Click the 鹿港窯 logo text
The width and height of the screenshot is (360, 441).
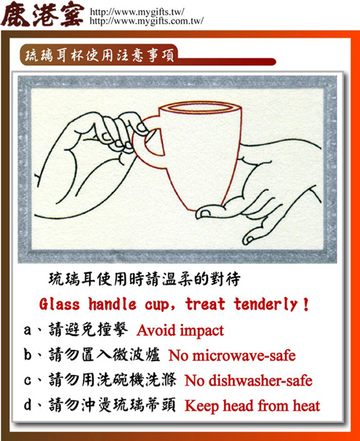point(42,15)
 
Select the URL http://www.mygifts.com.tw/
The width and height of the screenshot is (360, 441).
point(146,22)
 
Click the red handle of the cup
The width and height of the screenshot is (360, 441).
point(151,144)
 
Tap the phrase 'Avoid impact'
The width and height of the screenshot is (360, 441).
point(180,331)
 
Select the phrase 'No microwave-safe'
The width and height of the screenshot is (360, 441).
point(232,356)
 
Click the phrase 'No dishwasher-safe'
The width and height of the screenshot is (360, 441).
point(248,381)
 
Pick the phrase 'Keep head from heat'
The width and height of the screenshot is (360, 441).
point(252,406)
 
